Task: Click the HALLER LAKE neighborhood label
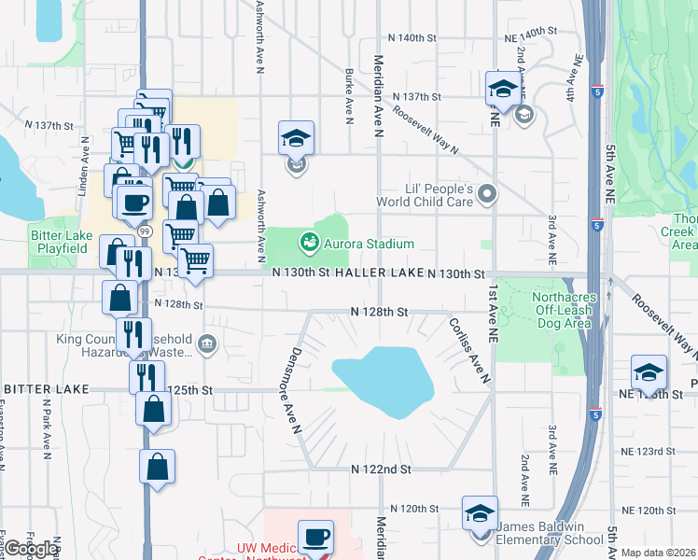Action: point(384,273)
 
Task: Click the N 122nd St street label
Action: point(380,469)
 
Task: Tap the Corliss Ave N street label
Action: point(468,350)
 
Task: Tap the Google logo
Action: point(31,549)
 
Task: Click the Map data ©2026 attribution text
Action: point(659,553)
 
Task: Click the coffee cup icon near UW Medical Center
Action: point(316,538)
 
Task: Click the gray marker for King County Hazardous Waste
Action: point(207,346)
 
